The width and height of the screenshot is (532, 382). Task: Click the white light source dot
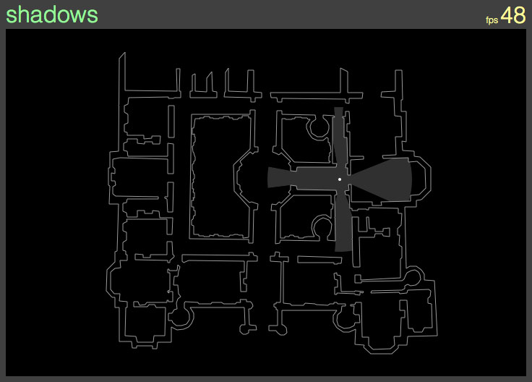[340, 179]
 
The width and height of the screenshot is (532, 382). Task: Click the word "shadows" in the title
[52, 15]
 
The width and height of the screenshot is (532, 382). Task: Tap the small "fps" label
[492, 20]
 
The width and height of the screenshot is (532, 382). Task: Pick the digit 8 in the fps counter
[520, 15]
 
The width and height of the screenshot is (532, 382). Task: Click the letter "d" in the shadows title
[46, 15]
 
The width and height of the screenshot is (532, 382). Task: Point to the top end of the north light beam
[338, 108]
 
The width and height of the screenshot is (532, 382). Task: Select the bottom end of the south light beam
[343, 250]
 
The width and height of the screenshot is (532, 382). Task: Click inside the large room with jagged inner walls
[220, 177]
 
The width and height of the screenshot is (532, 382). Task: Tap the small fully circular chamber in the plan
[413, 276]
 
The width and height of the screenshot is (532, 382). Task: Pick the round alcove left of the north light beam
[318, 127]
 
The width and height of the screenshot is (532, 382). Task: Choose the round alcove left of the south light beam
[322, 228]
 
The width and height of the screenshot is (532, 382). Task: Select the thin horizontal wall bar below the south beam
[319, 260]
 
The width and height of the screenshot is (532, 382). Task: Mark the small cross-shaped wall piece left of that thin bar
[279, 258]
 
